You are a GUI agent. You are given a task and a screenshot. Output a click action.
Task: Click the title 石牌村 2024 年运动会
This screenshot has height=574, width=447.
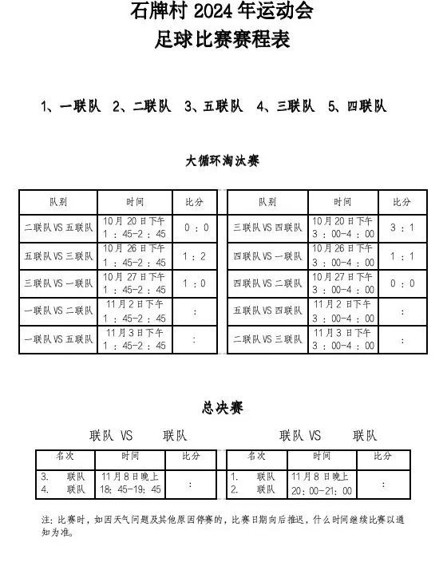(x=222, y=11)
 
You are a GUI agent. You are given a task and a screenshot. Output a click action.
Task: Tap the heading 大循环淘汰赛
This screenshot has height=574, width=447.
(x=222, y=160)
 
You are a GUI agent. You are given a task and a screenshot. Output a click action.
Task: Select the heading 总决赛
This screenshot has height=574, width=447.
(x=222, y=408)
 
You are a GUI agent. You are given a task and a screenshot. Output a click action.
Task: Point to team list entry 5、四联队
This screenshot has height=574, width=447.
(x=357, y=105)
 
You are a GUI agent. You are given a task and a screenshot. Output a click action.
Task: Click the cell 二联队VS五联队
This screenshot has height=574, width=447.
(x=59, y=228)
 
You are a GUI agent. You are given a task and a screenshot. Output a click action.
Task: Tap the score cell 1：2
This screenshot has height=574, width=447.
(x=196, y=255)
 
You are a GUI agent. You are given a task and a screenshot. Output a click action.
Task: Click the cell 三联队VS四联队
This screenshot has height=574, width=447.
(x=267, y=228)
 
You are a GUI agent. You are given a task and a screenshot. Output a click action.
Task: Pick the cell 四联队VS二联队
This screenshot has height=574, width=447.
(x=267, y=283)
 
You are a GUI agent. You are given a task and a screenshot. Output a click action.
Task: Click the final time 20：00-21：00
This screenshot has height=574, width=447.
(x=320, y=489)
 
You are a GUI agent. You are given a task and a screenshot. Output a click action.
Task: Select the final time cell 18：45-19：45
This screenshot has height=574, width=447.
(x=130, y=489)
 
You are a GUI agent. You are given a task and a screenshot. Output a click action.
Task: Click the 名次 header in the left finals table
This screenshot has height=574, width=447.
(x=64, y=456)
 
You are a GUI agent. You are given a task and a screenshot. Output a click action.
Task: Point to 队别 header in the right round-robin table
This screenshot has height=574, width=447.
(x=267, y=202)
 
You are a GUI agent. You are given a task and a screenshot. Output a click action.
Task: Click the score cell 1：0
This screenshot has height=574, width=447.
(x=196, y=283)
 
